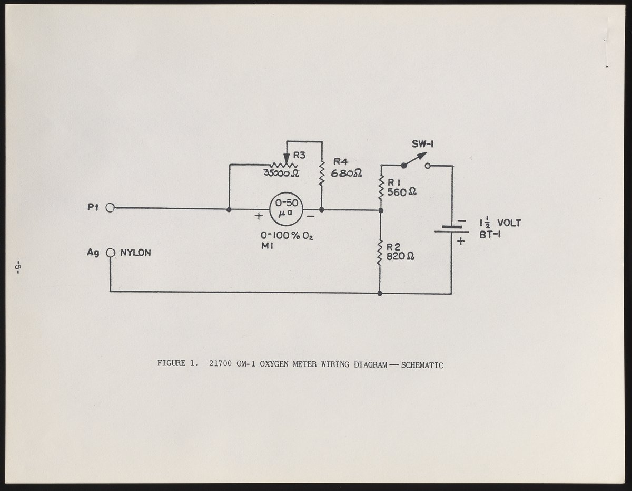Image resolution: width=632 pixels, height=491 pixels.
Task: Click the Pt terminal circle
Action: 110,208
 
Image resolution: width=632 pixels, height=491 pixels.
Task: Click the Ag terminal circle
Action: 110,253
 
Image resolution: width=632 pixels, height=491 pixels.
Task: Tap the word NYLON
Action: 135,253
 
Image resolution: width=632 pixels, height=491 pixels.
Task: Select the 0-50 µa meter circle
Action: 287,209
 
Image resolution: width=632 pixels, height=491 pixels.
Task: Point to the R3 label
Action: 299,155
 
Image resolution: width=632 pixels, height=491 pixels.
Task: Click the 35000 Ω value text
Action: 281,173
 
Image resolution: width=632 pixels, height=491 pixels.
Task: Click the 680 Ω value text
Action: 347,174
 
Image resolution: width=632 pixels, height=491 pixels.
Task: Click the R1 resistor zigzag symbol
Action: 380,187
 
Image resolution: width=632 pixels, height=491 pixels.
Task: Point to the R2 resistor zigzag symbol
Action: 380,252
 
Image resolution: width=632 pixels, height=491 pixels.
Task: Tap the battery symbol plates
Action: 451,229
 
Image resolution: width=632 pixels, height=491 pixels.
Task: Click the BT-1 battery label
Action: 490,235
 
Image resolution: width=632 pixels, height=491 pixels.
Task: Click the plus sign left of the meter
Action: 259,215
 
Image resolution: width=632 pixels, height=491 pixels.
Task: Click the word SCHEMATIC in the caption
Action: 422,364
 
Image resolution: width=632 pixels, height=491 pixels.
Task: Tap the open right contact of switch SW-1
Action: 427,166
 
